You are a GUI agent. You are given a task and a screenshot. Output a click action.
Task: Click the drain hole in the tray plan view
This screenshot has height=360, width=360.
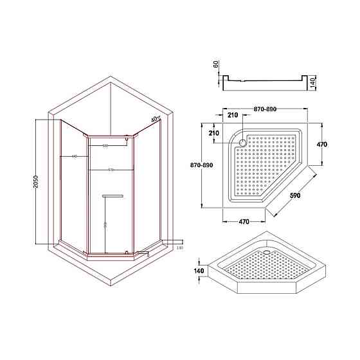242,143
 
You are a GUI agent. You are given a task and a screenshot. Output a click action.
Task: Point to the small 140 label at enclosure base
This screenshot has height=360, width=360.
179,248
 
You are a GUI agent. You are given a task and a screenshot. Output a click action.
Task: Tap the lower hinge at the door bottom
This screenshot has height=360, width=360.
127,252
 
